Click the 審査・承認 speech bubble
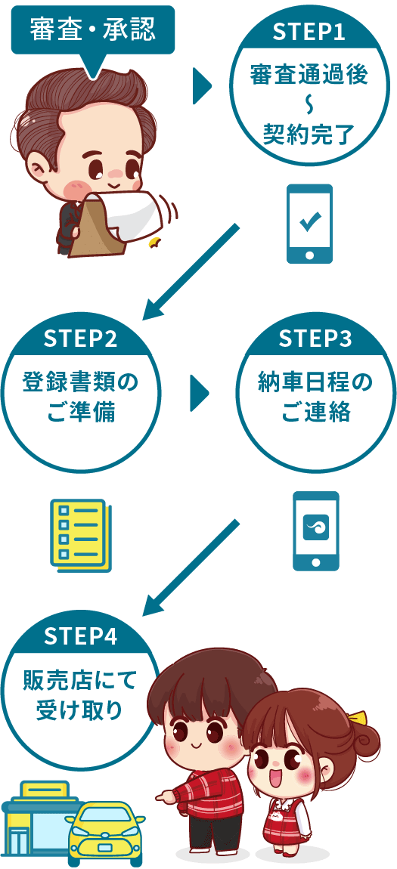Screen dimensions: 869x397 pos(92,29)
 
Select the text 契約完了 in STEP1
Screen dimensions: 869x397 pos(309,134)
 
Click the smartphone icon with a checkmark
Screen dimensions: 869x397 pos(309,224)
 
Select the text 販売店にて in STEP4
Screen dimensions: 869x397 pos(81,681)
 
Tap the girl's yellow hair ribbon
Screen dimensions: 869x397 pos(356,719)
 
